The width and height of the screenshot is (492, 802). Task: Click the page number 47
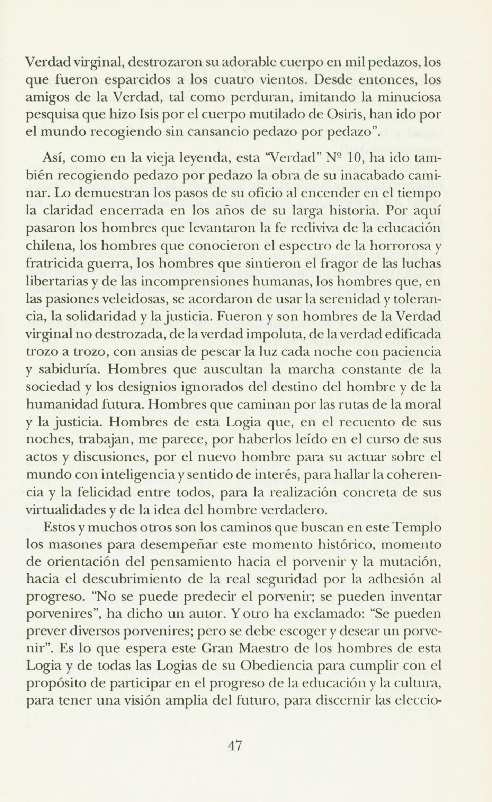coord(234,744)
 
